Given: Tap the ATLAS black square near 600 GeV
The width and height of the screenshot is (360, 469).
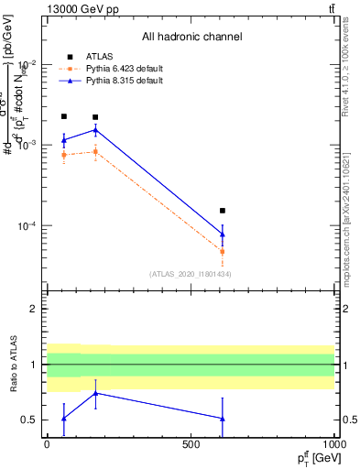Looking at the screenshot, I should pos(223,211).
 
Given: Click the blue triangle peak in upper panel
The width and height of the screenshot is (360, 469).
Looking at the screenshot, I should pos(95,130).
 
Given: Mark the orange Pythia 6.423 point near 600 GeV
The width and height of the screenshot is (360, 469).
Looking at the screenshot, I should pos(223,251).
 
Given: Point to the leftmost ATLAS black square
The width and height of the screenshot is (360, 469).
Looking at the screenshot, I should pos(63,116).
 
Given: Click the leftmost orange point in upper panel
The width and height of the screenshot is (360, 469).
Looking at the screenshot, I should pos(63,155).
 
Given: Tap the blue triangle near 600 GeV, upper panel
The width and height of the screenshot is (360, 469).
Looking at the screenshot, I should pos(223,234).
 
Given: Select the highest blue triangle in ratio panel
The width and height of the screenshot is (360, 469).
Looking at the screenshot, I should pos(95,393).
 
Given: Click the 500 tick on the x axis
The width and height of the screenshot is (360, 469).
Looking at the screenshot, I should pos(191,443).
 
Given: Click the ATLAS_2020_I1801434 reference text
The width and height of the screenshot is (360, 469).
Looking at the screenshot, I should pos(190,274).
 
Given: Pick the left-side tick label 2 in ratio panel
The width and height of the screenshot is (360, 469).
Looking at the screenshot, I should pos(34,309).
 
